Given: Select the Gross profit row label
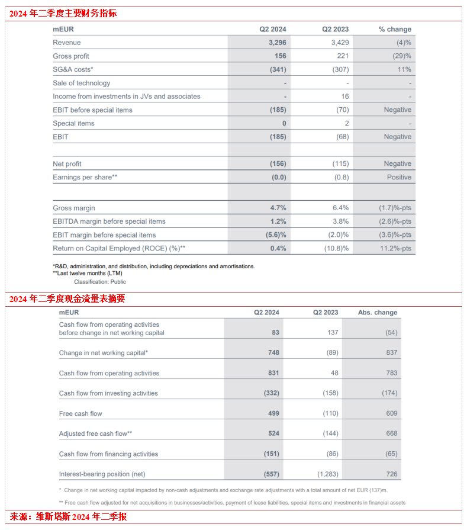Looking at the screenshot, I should (x=71, y=56).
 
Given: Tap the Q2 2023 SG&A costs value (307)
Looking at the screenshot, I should (x=339, y=70).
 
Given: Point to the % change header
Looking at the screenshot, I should (x=395, y=30).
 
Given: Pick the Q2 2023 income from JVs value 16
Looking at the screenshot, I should (x=345, y=97).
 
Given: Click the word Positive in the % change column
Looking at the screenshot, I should (x=399, y=177).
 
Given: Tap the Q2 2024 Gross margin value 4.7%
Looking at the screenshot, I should (x=278, y=208).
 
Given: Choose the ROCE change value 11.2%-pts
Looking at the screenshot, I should (x=395, y=249).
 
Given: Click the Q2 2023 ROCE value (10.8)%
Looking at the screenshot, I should (x=336, y=249).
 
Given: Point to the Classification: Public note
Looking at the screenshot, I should (x=99, y=282).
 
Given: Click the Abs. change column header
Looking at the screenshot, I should (x=378, y=313).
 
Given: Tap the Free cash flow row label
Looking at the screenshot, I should (x=80, y=413).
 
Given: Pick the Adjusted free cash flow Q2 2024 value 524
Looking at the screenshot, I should (x=273, y=434).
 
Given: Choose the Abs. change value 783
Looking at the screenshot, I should (x=391, y=373).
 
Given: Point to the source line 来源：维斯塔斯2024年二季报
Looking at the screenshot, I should (x=68, y=517).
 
